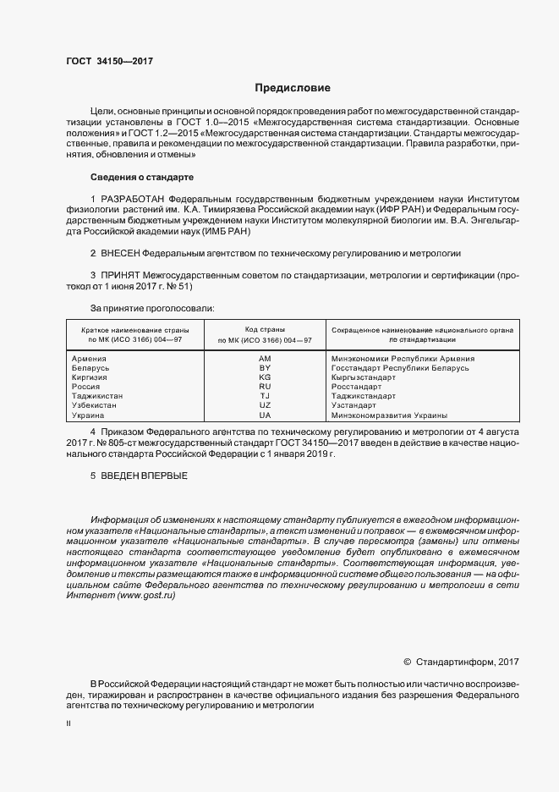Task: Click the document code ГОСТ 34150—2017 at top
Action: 109,61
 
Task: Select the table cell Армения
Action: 90,359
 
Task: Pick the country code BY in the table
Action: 265,369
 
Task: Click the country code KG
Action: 265,377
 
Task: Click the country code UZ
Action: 265,406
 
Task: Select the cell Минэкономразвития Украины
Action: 389,415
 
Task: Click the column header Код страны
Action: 265,328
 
